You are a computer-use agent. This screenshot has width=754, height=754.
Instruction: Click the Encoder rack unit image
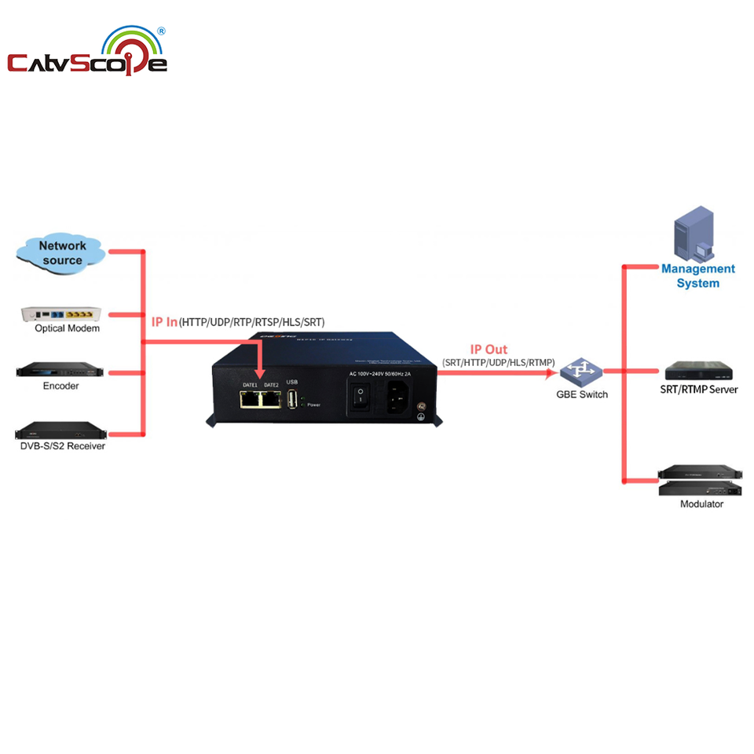click(x=60, y=371)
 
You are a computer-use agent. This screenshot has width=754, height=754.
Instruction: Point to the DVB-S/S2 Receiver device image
click(x=60, y=430)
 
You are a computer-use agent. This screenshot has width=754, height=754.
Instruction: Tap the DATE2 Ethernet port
click(x=272, y=399)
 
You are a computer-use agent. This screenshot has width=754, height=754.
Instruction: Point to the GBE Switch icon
click(x=580, y=370)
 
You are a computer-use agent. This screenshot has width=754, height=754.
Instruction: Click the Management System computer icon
click(x=695, y=233)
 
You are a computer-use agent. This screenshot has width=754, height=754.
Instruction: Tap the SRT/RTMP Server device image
click(x=701, y=371)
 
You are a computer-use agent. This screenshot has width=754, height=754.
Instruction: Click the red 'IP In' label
click(x=164, y=322)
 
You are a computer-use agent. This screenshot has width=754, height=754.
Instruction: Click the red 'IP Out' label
click(x=489, y=350)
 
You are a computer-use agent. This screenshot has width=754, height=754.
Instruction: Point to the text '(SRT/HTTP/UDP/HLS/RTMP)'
click(x=499, y=361)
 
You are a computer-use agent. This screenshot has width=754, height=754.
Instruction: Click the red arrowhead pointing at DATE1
click(x=259, y=375)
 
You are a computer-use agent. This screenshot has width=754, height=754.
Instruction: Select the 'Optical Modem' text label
click(x=67, y=328)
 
